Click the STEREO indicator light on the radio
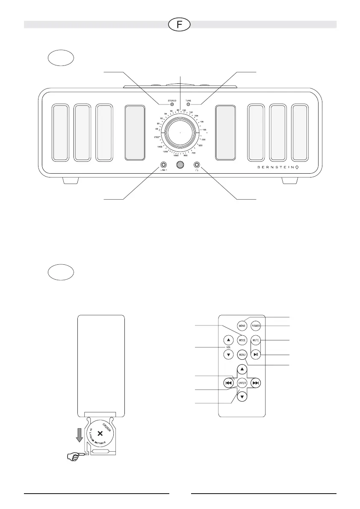[x=172, y=104]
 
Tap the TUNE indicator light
[x=188, y=104]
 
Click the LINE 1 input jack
[x=163, y=165]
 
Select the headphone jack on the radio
[x=197, y=165]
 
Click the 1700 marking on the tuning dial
[x=157, y=137]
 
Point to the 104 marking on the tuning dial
[x=196, y=116]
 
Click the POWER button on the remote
[x=256, y=326]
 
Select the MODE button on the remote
[x=242, y=340]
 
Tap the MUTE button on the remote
[x=256, y=340]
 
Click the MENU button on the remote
[x=242, y=355]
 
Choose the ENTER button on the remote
[x=242, y=383]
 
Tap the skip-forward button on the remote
[x=256, y=383]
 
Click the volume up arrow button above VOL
[x=229, y=340]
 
